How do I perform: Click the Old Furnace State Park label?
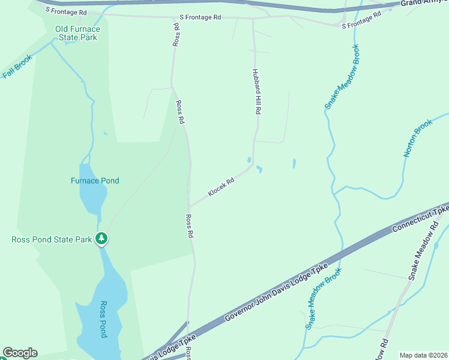[77, 33]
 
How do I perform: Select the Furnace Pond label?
[95, 181]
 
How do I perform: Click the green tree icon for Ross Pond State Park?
[102, 239]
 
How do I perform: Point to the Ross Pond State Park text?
[52, 239]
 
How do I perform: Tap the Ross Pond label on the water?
[103, 319]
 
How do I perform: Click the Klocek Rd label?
[221, 187]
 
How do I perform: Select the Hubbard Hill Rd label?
[257, 91]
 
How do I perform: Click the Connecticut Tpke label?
[421, 218]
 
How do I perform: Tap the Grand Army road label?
[424, 3]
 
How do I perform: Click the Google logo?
[20, 353]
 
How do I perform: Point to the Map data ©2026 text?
[423, 355]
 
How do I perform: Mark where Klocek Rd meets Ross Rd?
[190, 208]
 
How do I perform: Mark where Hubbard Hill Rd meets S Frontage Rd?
[253, 19]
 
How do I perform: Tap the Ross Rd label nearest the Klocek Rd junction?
[189, 226]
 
